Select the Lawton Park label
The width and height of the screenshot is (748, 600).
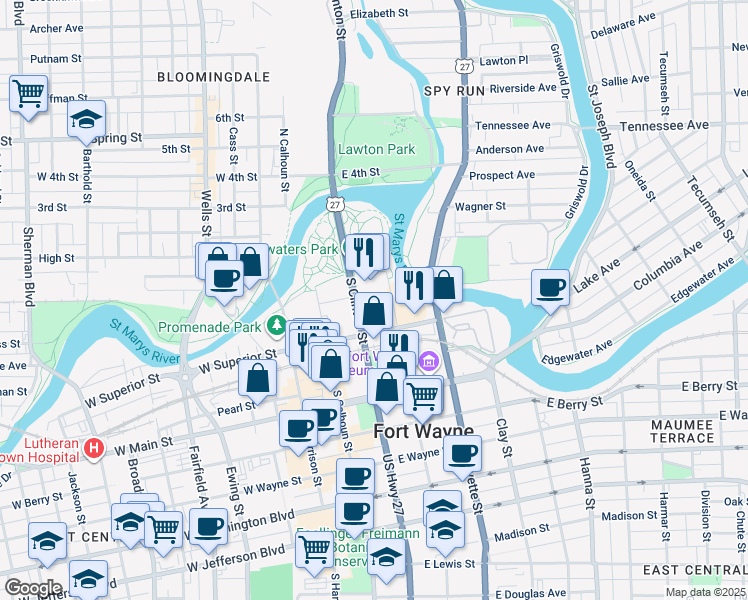coord(376,149)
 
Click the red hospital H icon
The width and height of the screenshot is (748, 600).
coord(94,446)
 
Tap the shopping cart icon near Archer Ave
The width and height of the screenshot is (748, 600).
coord(29,95)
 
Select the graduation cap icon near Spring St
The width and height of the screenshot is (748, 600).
coord(87,119)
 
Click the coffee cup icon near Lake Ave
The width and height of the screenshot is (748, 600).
coord(550,288)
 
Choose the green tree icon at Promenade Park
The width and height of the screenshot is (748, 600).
coord(276,326)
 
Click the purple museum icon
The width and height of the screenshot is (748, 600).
coord(429,361)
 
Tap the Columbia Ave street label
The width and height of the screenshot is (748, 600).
coord(683,266)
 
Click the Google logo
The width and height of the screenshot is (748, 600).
coord(33,588)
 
